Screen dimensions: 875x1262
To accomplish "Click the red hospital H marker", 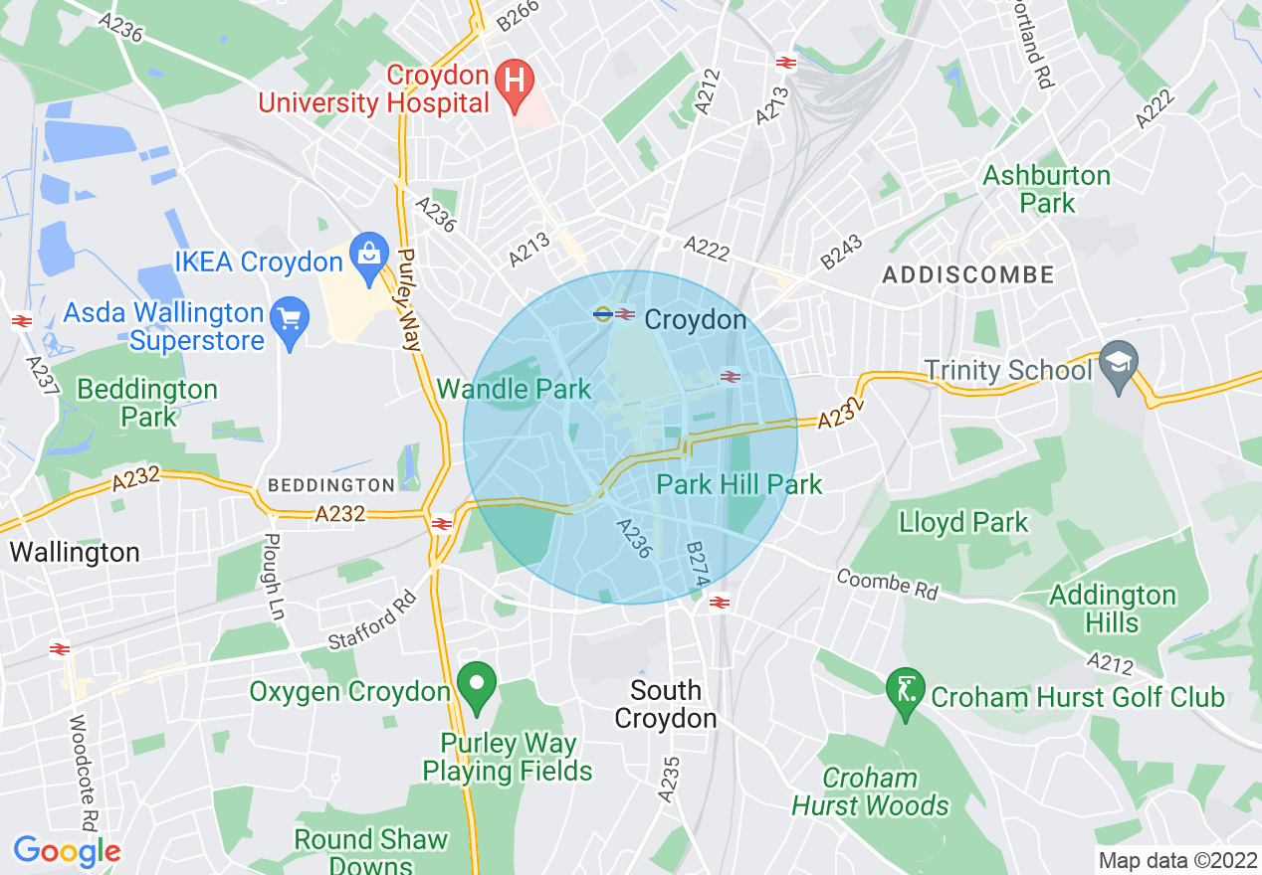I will [515, 78].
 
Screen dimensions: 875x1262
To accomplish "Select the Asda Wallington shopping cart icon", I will [290, 320].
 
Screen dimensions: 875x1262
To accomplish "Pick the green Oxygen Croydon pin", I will [477, 685].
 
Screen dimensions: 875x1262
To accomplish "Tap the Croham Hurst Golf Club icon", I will [905, 689].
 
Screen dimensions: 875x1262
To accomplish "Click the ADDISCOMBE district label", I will [967, 274].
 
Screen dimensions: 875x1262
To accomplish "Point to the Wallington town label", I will [75, 553].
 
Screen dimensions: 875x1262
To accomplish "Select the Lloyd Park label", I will [963, 522].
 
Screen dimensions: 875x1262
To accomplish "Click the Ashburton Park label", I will [1046, 189].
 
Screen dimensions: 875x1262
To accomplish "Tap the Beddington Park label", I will [147, 403].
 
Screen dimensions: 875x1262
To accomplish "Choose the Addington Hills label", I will [1113, 609].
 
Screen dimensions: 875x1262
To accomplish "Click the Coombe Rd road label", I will [887, 584].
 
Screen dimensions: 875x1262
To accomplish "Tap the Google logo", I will [67, 851].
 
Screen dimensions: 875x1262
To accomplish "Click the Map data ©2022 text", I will [1175, 860].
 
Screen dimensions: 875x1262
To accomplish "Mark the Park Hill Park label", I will [739, 484].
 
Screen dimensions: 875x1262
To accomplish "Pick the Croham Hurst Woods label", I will [871, 791].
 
